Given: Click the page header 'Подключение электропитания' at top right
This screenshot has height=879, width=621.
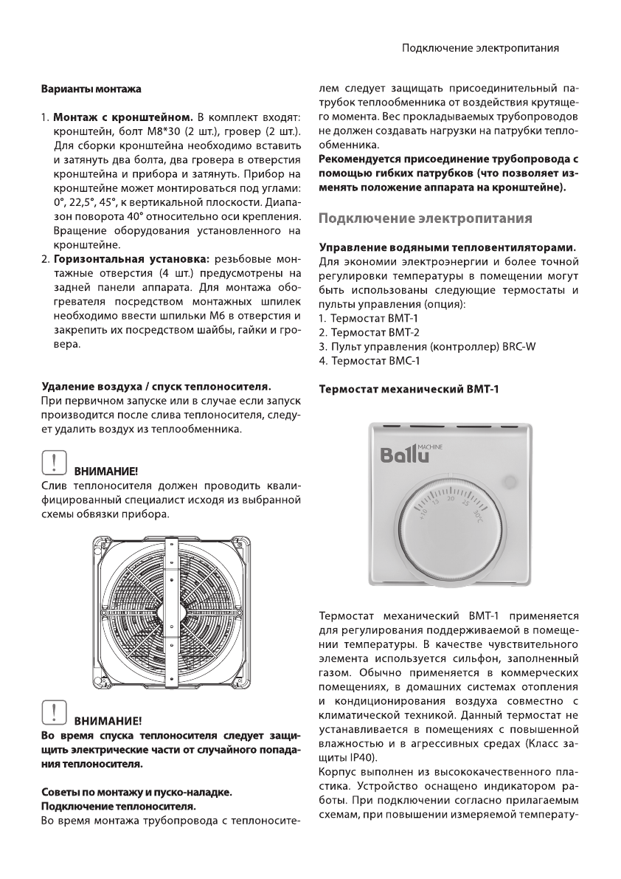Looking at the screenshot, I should pos(479,48).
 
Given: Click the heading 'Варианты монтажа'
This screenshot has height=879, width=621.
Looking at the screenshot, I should pos(90,90).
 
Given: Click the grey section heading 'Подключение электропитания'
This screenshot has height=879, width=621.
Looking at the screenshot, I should pos(425,219).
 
